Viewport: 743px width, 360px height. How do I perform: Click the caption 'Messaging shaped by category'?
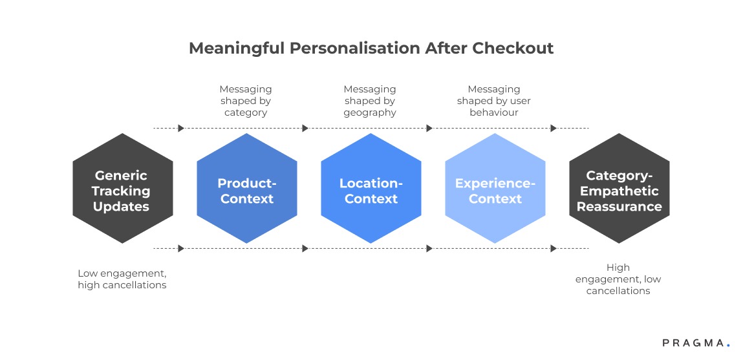point(246,101)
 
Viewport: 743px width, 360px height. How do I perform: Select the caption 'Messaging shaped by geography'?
point(370,101)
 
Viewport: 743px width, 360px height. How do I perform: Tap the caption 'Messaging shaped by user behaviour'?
point(494,101)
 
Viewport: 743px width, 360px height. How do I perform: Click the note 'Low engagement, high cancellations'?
point(122,279)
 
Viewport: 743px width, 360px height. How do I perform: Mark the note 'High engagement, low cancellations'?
point(618,279)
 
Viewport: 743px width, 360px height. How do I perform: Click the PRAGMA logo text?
point(693,343)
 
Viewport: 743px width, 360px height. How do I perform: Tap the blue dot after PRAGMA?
point(727,346)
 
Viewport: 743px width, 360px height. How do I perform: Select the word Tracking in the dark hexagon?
point(121,191)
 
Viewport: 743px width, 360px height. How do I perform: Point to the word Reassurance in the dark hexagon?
point(619,207)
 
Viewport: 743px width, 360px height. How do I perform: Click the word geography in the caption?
point(370,112)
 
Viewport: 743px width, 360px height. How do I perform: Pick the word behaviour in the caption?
point(494,112)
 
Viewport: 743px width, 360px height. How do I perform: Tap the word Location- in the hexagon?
point(371,184)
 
